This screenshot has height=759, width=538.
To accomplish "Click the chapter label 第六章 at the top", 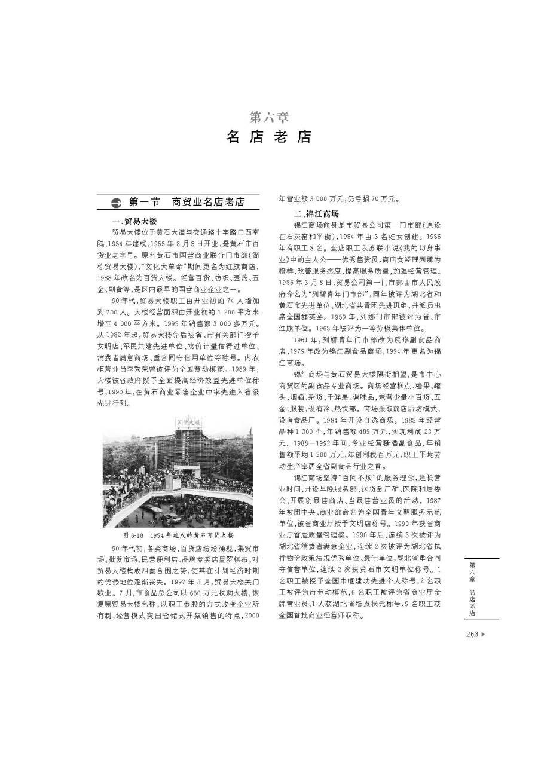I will [269, 117].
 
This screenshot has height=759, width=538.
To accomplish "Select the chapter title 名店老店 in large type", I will [269, 137].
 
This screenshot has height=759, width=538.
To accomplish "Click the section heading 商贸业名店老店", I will [209, 202].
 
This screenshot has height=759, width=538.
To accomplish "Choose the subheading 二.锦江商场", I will [316, 214].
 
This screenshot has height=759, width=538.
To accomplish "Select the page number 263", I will [472, 634].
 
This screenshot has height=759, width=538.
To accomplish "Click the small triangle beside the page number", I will [484, 634].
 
